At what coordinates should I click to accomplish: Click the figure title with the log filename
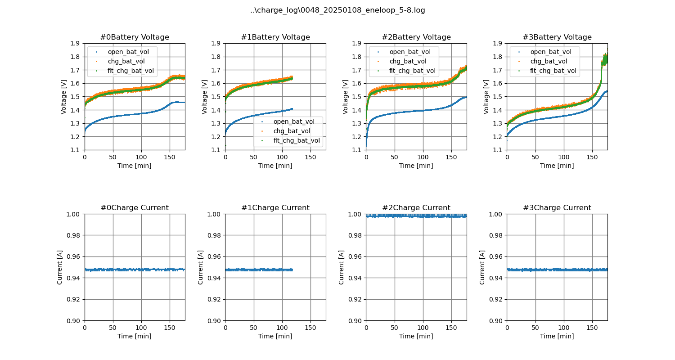click(x=337, y=10)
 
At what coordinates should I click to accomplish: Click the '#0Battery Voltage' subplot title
click(x=134, y=37)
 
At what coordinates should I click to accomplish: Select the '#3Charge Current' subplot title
click(x=557, y=208)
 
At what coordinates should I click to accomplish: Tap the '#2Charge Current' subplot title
click(x=416, y=208)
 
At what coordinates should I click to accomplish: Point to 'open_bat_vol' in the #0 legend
click(x=128, y=52)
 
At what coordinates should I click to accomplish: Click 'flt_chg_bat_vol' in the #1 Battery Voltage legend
click(x=297, y=140)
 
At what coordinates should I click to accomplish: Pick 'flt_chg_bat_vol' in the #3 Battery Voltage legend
click(x=553, y=71)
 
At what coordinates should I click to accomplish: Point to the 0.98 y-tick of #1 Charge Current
click(x=215, y=235)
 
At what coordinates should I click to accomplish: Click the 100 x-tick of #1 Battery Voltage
click(x=282, y=157)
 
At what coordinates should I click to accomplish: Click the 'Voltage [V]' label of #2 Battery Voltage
click(x=346, y=97)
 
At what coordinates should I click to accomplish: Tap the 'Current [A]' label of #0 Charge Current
click(x=60, y=267)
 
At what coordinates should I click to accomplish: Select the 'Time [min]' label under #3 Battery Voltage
click(x=557, y=166)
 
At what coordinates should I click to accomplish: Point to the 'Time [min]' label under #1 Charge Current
click(x=275, y=336)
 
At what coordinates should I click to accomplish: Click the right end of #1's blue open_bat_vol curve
click(x=292, y=109)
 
